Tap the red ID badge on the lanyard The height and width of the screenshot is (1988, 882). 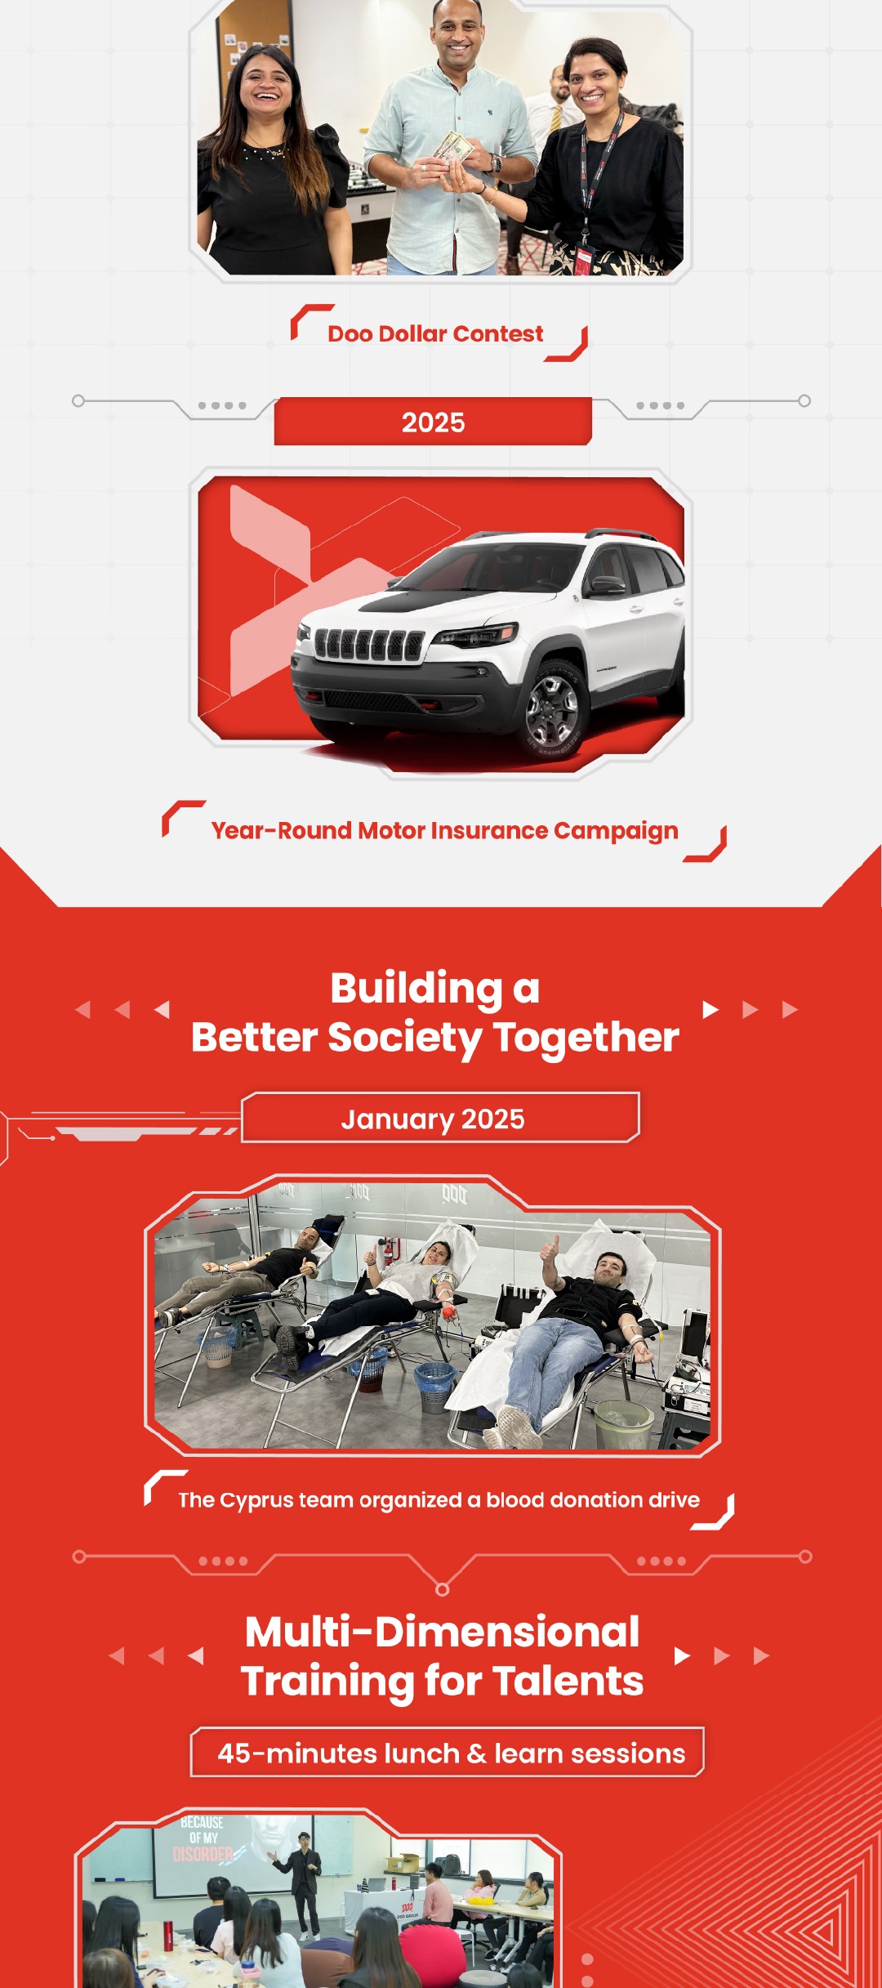point(583,259)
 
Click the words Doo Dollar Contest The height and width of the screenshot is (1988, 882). point(435,333)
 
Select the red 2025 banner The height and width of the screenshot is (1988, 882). point(433,422)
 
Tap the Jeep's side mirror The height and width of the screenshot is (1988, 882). point(608,586)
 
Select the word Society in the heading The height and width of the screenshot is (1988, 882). point(405,1039)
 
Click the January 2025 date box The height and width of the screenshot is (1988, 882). point(440,1118)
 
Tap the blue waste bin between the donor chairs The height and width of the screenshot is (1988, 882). point(434,1386)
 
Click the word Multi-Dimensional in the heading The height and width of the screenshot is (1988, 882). point(442,1633)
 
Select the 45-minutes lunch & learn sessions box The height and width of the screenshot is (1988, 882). point(448,1753)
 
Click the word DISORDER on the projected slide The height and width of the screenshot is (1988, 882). point(203,1854)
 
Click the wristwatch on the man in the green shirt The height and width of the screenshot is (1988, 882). point(496,163)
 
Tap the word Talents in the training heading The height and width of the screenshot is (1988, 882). point(568,1682)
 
